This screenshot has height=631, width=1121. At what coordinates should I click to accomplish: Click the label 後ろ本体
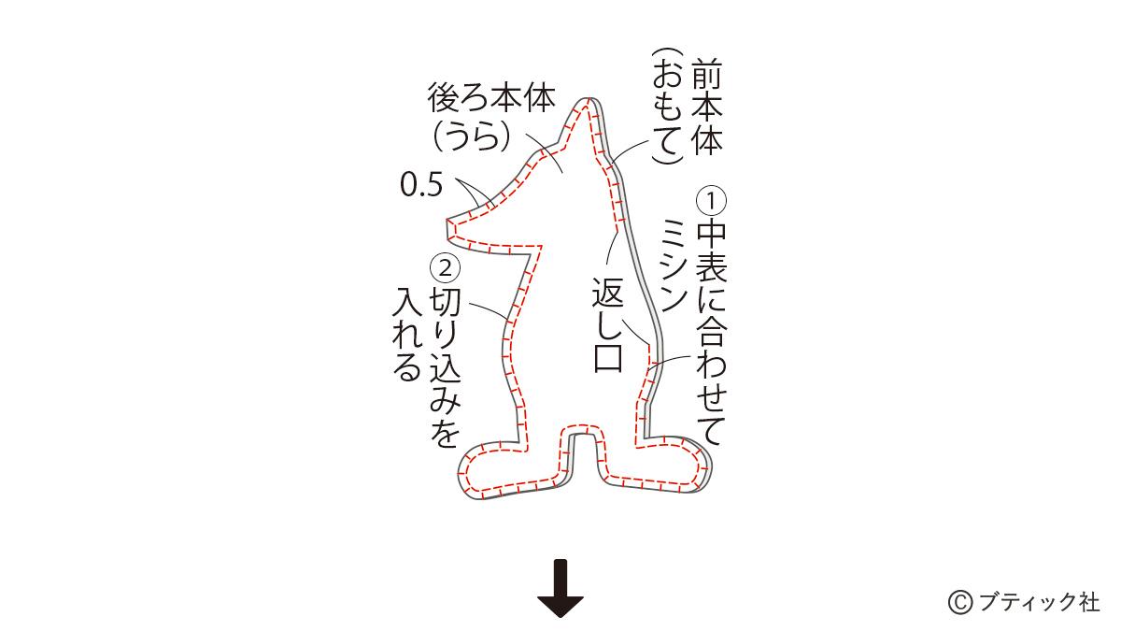[491, 98]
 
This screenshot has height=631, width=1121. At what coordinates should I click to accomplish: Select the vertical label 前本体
[706, 108]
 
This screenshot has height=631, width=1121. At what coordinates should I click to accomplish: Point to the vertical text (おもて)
[668, 106]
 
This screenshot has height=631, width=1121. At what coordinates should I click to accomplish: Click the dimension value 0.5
[421, 185]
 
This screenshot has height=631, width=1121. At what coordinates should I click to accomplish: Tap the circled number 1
[711, 201]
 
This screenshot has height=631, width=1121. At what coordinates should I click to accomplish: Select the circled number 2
[445, 268]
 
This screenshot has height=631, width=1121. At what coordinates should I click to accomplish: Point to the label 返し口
[607, 324]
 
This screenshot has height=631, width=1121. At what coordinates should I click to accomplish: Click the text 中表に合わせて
[711, 333]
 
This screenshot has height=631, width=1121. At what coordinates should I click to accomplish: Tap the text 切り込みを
[445, 368]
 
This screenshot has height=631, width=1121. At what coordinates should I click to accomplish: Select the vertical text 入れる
[407, 334]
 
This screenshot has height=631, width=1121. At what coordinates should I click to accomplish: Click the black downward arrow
[560, 588]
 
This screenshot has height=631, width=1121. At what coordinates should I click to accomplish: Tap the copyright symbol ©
[960, 602]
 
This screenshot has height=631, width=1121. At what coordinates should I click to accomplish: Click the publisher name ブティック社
[1038, 602]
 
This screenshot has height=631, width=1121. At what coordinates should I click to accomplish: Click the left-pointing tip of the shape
[447, 221]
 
